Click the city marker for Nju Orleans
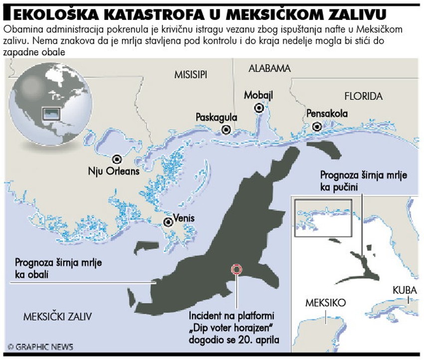tap(117, 159)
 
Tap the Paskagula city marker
tap(226, 130)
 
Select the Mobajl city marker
tap(259, 108)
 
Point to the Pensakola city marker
tap(317, 127)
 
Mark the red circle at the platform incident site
tap(236, 269)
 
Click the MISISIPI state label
tap(191, 75)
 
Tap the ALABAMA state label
tap(269, 69)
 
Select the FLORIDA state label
tap(364, 96)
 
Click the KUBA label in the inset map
tap(405, 290)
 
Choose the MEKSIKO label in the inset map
tap(325, 303)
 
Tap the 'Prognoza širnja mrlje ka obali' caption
tap(59, 267)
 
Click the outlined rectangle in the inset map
tap(323, 217)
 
